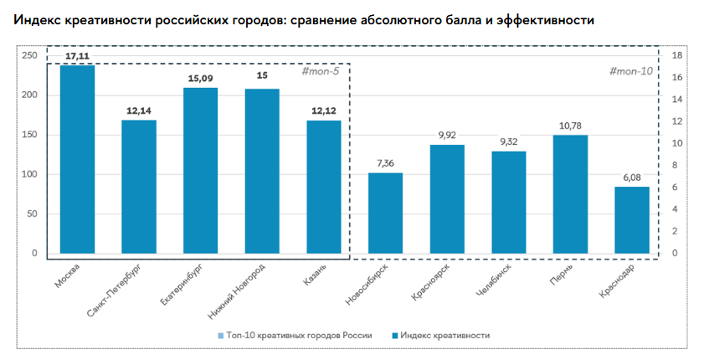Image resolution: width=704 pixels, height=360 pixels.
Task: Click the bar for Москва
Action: (x=77, y=159)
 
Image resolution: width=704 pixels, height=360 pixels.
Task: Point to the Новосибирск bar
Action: (x=385, y=213)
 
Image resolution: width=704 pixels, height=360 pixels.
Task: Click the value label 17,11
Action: (x=77, y=55)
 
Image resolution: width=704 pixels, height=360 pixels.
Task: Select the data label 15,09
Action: (x=200, y=78)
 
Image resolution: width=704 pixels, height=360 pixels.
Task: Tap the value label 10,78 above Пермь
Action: (x=570, y=126)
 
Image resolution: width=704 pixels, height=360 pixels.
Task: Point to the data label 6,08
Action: (x=632, y=177)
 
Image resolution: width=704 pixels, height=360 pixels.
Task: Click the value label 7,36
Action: (x=385, y=163)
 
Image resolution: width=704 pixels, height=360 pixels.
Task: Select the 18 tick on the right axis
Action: (x=679, y=55)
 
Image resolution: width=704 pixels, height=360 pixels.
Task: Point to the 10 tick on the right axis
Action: (x=679, y=143)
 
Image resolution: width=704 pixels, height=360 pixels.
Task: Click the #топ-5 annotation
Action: (x=321, y=73)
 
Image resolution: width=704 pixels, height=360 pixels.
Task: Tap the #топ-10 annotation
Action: (x=631, y=71)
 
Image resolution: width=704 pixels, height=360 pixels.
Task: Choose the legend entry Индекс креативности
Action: (x=444, y=335)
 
